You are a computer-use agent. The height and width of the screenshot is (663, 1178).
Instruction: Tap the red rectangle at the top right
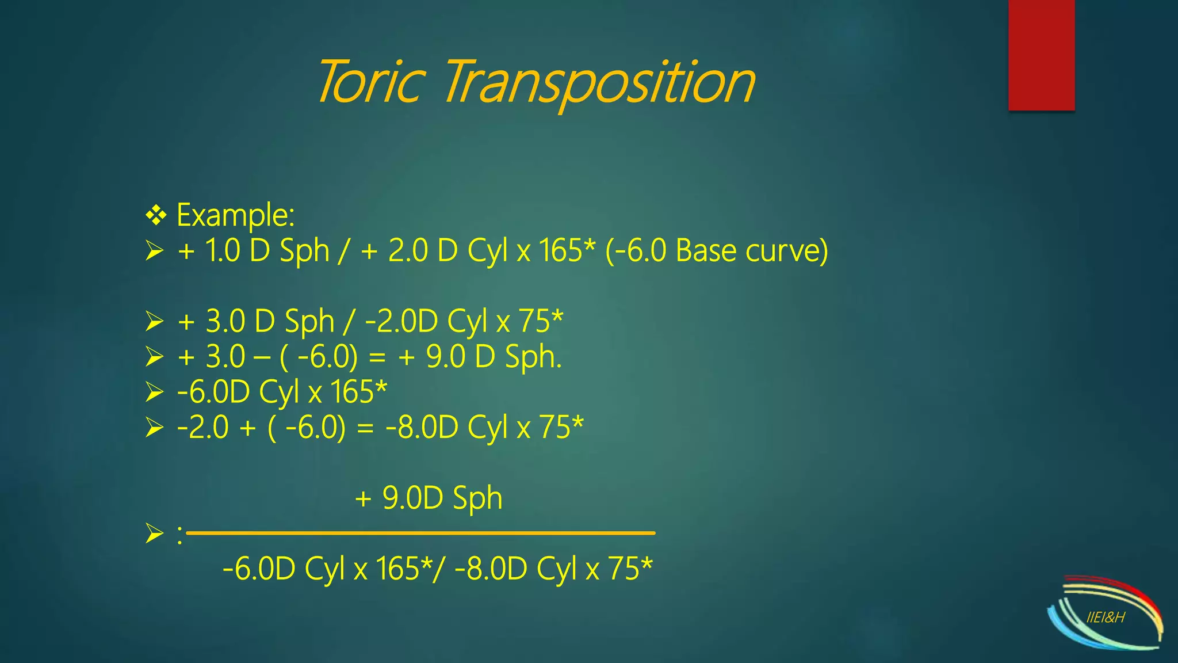click(x=1041, y=55)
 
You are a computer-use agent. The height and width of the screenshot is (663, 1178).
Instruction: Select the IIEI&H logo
click(x=1105, y=614)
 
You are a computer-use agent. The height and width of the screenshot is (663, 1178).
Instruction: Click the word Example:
click(x=235, y=215)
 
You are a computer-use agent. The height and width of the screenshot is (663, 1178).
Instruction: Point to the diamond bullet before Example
click(x=155, y=216)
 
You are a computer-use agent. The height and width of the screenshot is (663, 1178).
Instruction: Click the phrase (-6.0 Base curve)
click(x=717, y=251)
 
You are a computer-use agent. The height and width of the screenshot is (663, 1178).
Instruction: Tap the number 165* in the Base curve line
click(x=567, y=251)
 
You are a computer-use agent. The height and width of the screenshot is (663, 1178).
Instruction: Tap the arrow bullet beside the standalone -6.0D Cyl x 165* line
click(x=154, y=393)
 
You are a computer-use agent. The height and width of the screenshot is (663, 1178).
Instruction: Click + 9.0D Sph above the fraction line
click(x=429, y=498)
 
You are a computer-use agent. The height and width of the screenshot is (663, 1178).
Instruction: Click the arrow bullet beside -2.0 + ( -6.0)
click(x=154, y=428)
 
